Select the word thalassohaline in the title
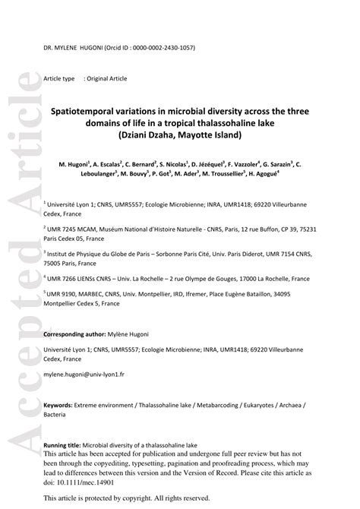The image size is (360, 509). pos(226,123)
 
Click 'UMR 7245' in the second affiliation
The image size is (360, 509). pos(65,229)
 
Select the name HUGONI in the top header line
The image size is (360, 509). pos(96,48)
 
